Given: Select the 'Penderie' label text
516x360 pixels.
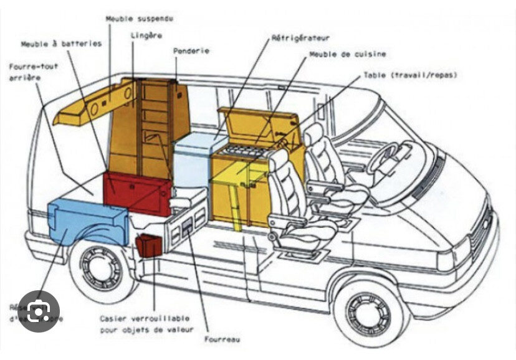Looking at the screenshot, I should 191,50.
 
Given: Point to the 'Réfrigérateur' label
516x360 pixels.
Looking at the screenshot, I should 300,38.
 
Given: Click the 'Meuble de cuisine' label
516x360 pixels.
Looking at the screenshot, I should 347,54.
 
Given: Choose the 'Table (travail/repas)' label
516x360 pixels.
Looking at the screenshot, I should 410,75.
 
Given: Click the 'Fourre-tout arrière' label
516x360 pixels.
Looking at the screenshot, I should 34,70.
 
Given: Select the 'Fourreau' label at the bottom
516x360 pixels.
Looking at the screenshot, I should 222,339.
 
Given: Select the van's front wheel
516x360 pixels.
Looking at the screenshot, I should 368,311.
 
